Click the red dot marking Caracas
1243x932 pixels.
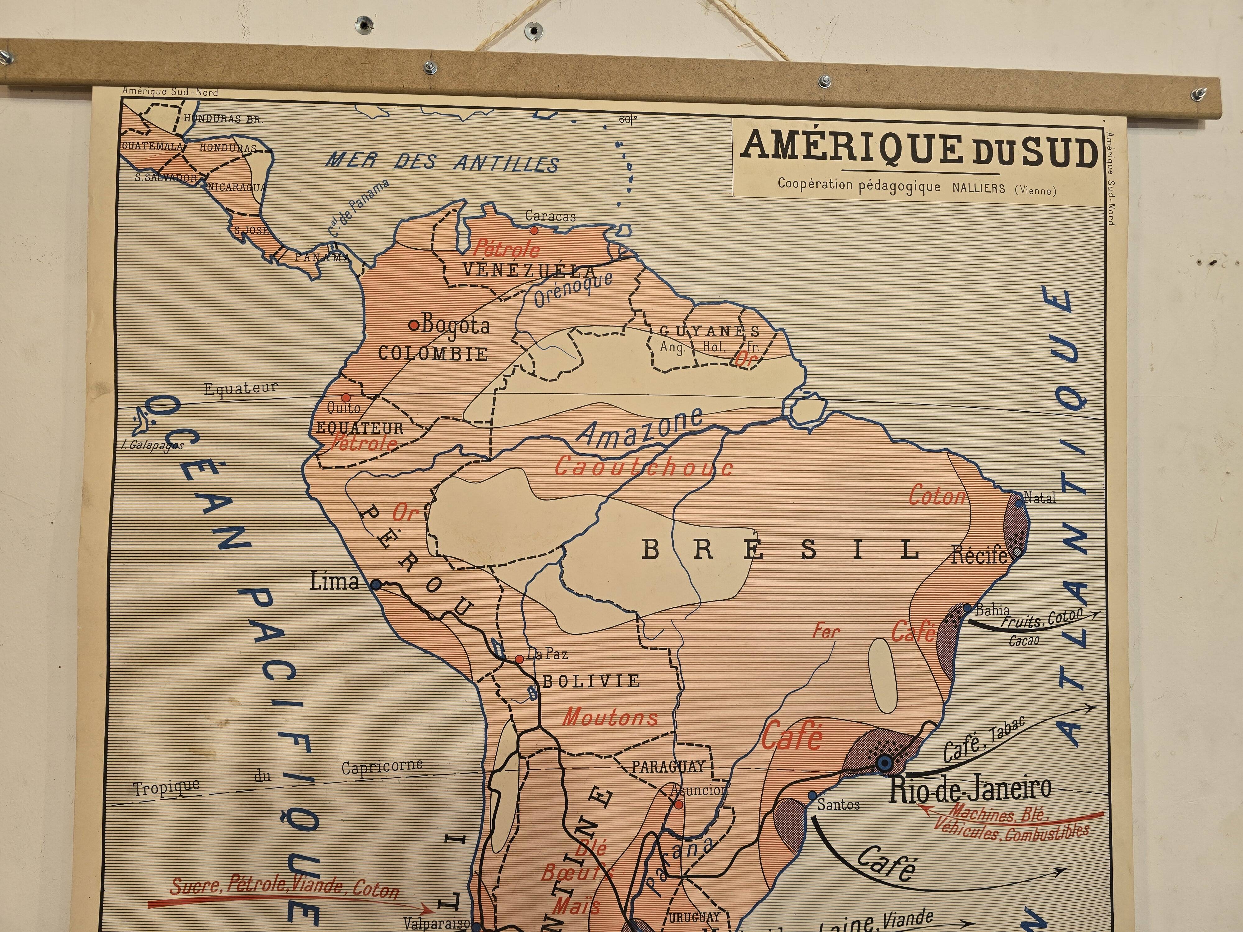point(533,230)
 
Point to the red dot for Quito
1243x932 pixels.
point(346,397)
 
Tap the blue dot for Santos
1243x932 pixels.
point(812,796)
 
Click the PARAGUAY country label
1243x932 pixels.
point(668,767)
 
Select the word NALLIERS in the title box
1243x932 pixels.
point(978,188)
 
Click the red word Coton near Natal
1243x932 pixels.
point(937,496)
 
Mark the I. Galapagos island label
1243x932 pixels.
point(152,445)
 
